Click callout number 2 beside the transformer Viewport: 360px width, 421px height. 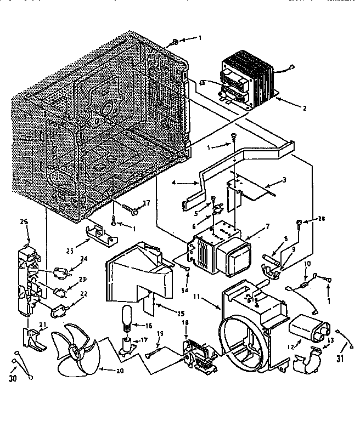304,108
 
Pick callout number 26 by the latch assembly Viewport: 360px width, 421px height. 22,223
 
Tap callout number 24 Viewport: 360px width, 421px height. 84,259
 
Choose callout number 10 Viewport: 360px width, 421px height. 308,265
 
